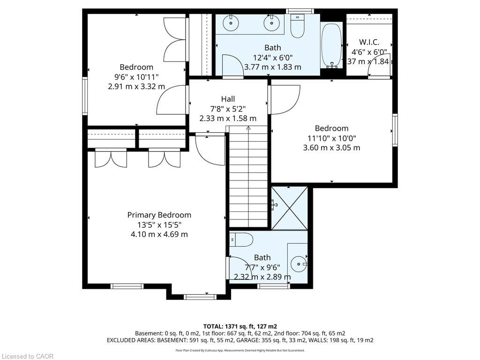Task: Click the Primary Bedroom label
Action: [x=159, y=215]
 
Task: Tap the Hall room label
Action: [x=228, y=99]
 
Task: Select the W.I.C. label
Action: [x=369, y=42]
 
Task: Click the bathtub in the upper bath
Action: [x=331, y=45]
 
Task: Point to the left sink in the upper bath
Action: [x=231, y=22]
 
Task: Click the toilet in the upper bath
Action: [x=297, y=26]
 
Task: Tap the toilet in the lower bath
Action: [x=241, y=240]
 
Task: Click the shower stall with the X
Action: [x=290, y=208]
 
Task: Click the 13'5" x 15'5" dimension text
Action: [x=159, y=225]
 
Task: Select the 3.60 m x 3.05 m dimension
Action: [x=331, y=148]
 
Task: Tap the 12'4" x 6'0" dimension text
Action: [x=273, y=57]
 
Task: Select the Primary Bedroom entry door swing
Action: [x=210, y=150]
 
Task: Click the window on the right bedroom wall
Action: [x=395, y=130]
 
